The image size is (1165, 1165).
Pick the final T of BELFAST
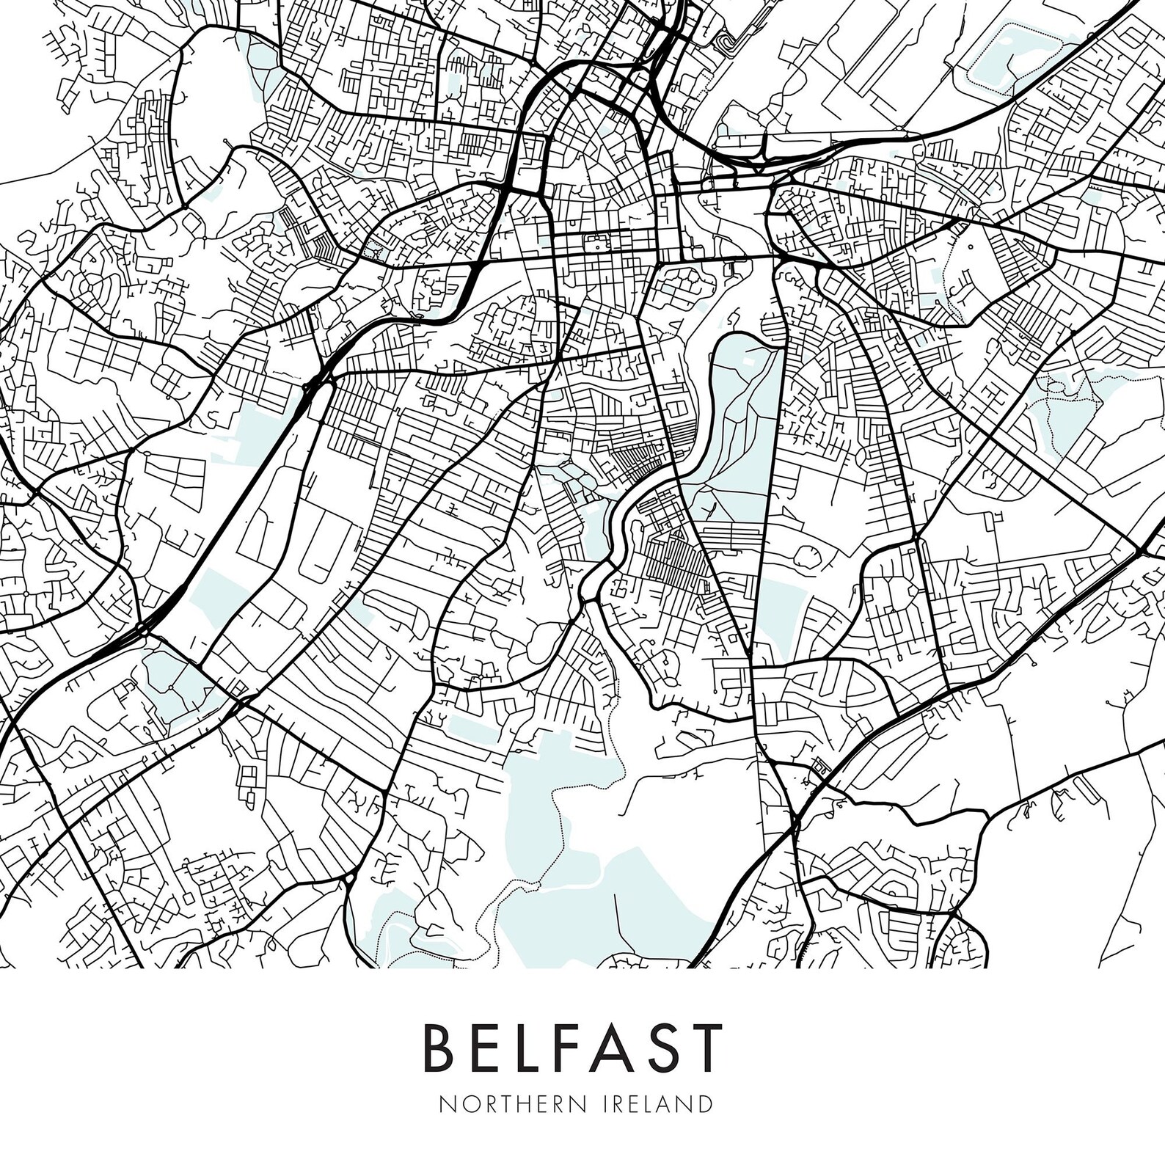(707, 1047)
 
